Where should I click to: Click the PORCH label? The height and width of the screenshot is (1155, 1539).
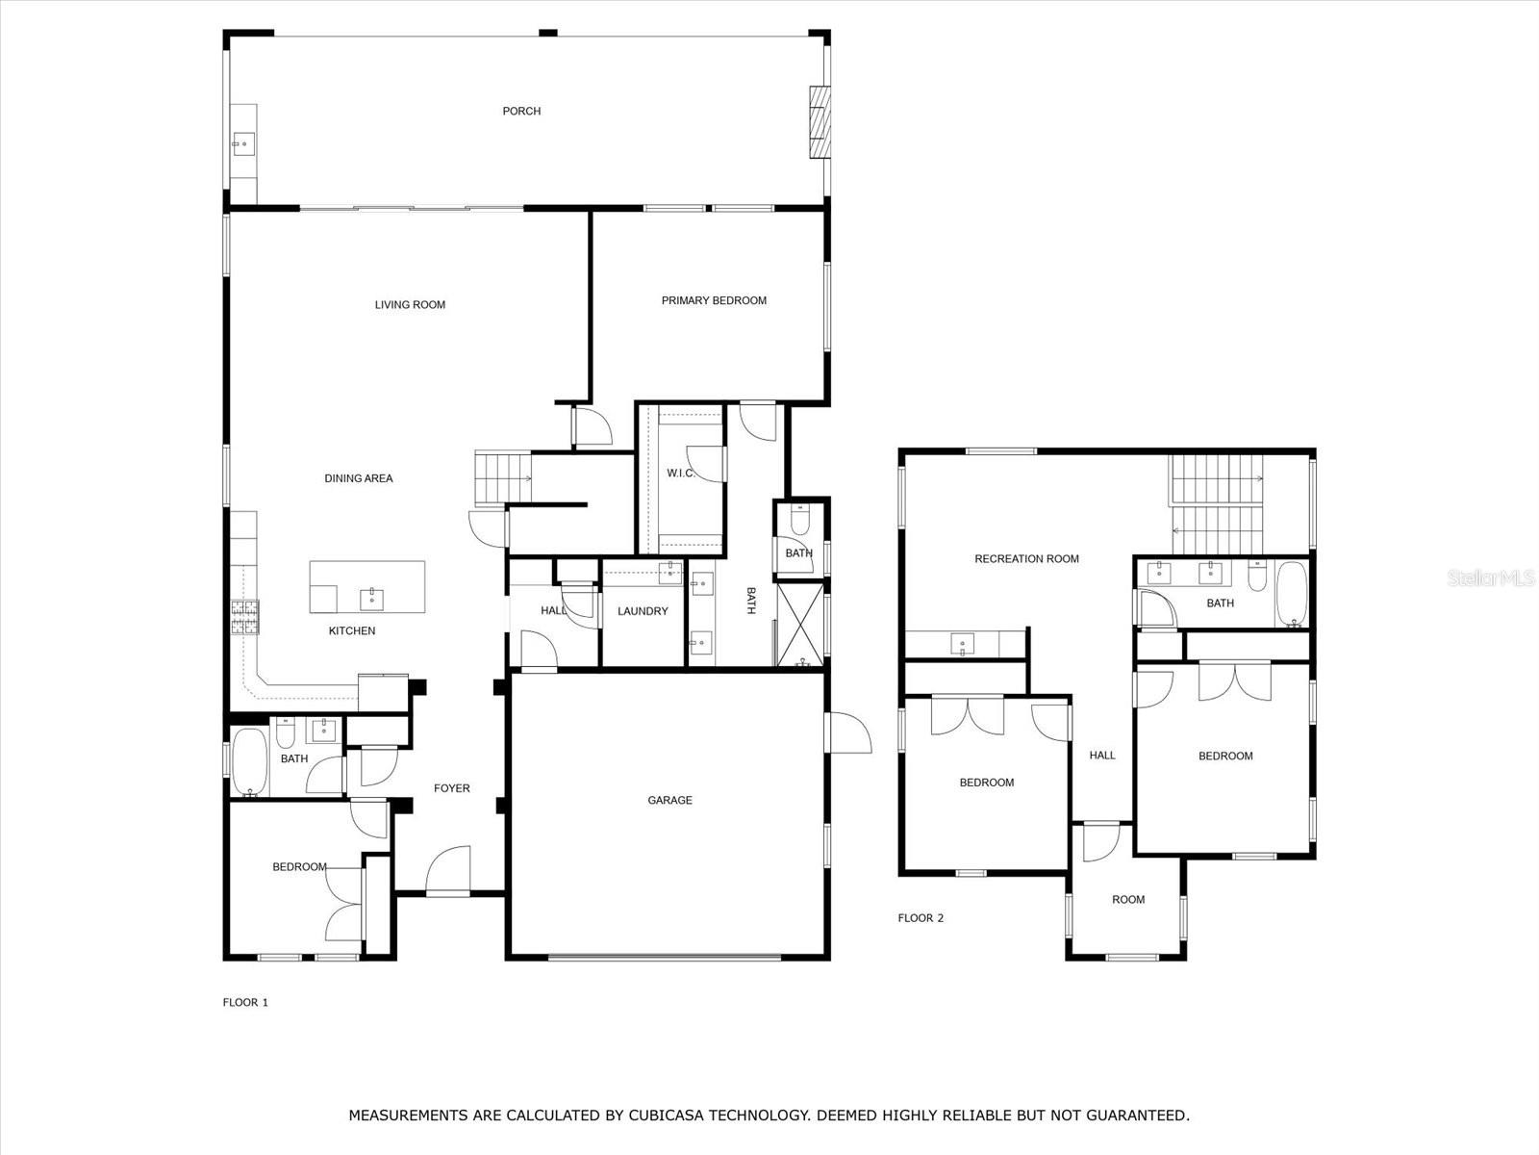[521, 111]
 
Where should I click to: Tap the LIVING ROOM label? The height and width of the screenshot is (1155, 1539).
[410, 304]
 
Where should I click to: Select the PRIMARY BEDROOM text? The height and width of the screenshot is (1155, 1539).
[714, 300]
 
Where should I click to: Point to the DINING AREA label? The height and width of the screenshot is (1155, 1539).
[358, 478]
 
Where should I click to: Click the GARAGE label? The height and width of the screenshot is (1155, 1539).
[669, 800]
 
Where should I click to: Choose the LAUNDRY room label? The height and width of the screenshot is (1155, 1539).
[643, 611]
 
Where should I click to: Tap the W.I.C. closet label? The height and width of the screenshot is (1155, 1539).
[680, 474]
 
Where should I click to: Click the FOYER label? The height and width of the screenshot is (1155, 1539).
[451, 788]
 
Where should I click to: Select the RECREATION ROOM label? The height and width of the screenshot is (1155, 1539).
[1026, 559]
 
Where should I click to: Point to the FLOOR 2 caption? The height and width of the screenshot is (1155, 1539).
[921, 918]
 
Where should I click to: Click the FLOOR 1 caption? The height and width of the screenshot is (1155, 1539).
[245, 1002]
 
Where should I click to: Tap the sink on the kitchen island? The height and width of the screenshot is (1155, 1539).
[371, 599]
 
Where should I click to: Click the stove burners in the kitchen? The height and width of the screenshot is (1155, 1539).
[244, 617]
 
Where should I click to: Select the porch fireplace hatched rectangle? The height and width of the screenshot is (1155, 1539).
[820, 121]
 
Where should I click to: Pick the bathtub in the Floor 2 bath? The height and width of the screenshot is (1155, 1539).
[1292, 593]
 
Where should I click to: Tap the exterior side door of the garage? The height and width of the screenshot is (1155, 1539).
[848, 733]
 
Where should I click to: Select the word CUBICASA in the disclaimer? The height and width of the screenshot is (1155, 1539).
[667, 1115]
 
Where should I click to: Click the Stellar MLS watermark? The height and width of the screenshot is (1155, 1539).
[1491, 577]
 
